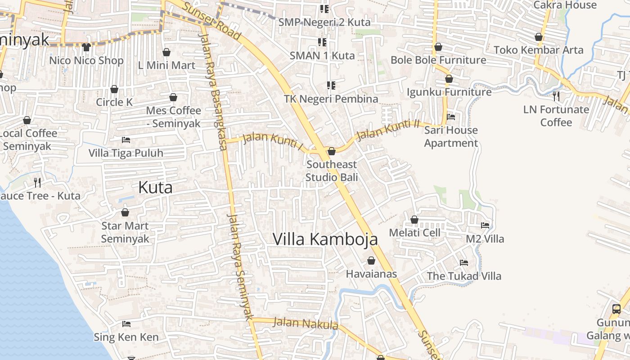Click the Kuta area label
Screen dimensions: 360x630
pos(155,187)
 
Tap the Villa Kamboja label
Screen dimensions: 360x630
pos(325,239)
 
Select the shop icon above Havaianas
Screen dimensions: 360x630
pos(371,261)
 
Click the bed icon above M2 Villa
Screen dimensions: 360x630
pos(485,225)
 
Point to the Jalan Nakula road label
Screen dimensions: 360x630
pos(306,323)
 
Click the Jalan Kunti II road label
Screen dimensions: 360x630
pos(387,129)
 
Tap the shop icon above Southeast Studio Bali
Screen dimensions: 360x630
pos(332,151)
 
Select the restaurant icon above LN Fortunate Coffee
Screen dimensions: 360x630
pos(556,95)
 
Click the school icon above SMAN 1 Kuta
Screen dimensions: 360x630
pos(322,42)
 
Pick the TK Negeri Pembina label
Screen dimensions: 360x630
pos(331,99)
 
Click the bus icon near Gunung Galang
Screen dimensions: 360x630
pos(616,309)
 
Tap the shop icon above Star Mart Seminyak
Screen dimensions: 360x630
pos(125,212)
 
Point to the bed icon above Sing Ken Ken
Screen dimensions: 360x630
pos(126,324)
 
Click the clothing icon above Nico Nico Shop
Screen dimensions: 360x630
pos(86,47)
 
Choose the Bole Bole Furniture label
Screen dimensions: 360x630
pos(438,60)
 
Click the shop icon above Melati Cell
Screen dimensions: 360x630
pos(414,220)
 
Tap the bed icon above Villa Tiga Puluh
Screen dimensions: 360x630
pos(126,140)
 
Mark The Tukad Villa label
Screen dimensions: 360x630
pos(464,276)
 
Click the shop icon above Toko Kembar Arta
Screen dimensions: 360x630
pos(539,37)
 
